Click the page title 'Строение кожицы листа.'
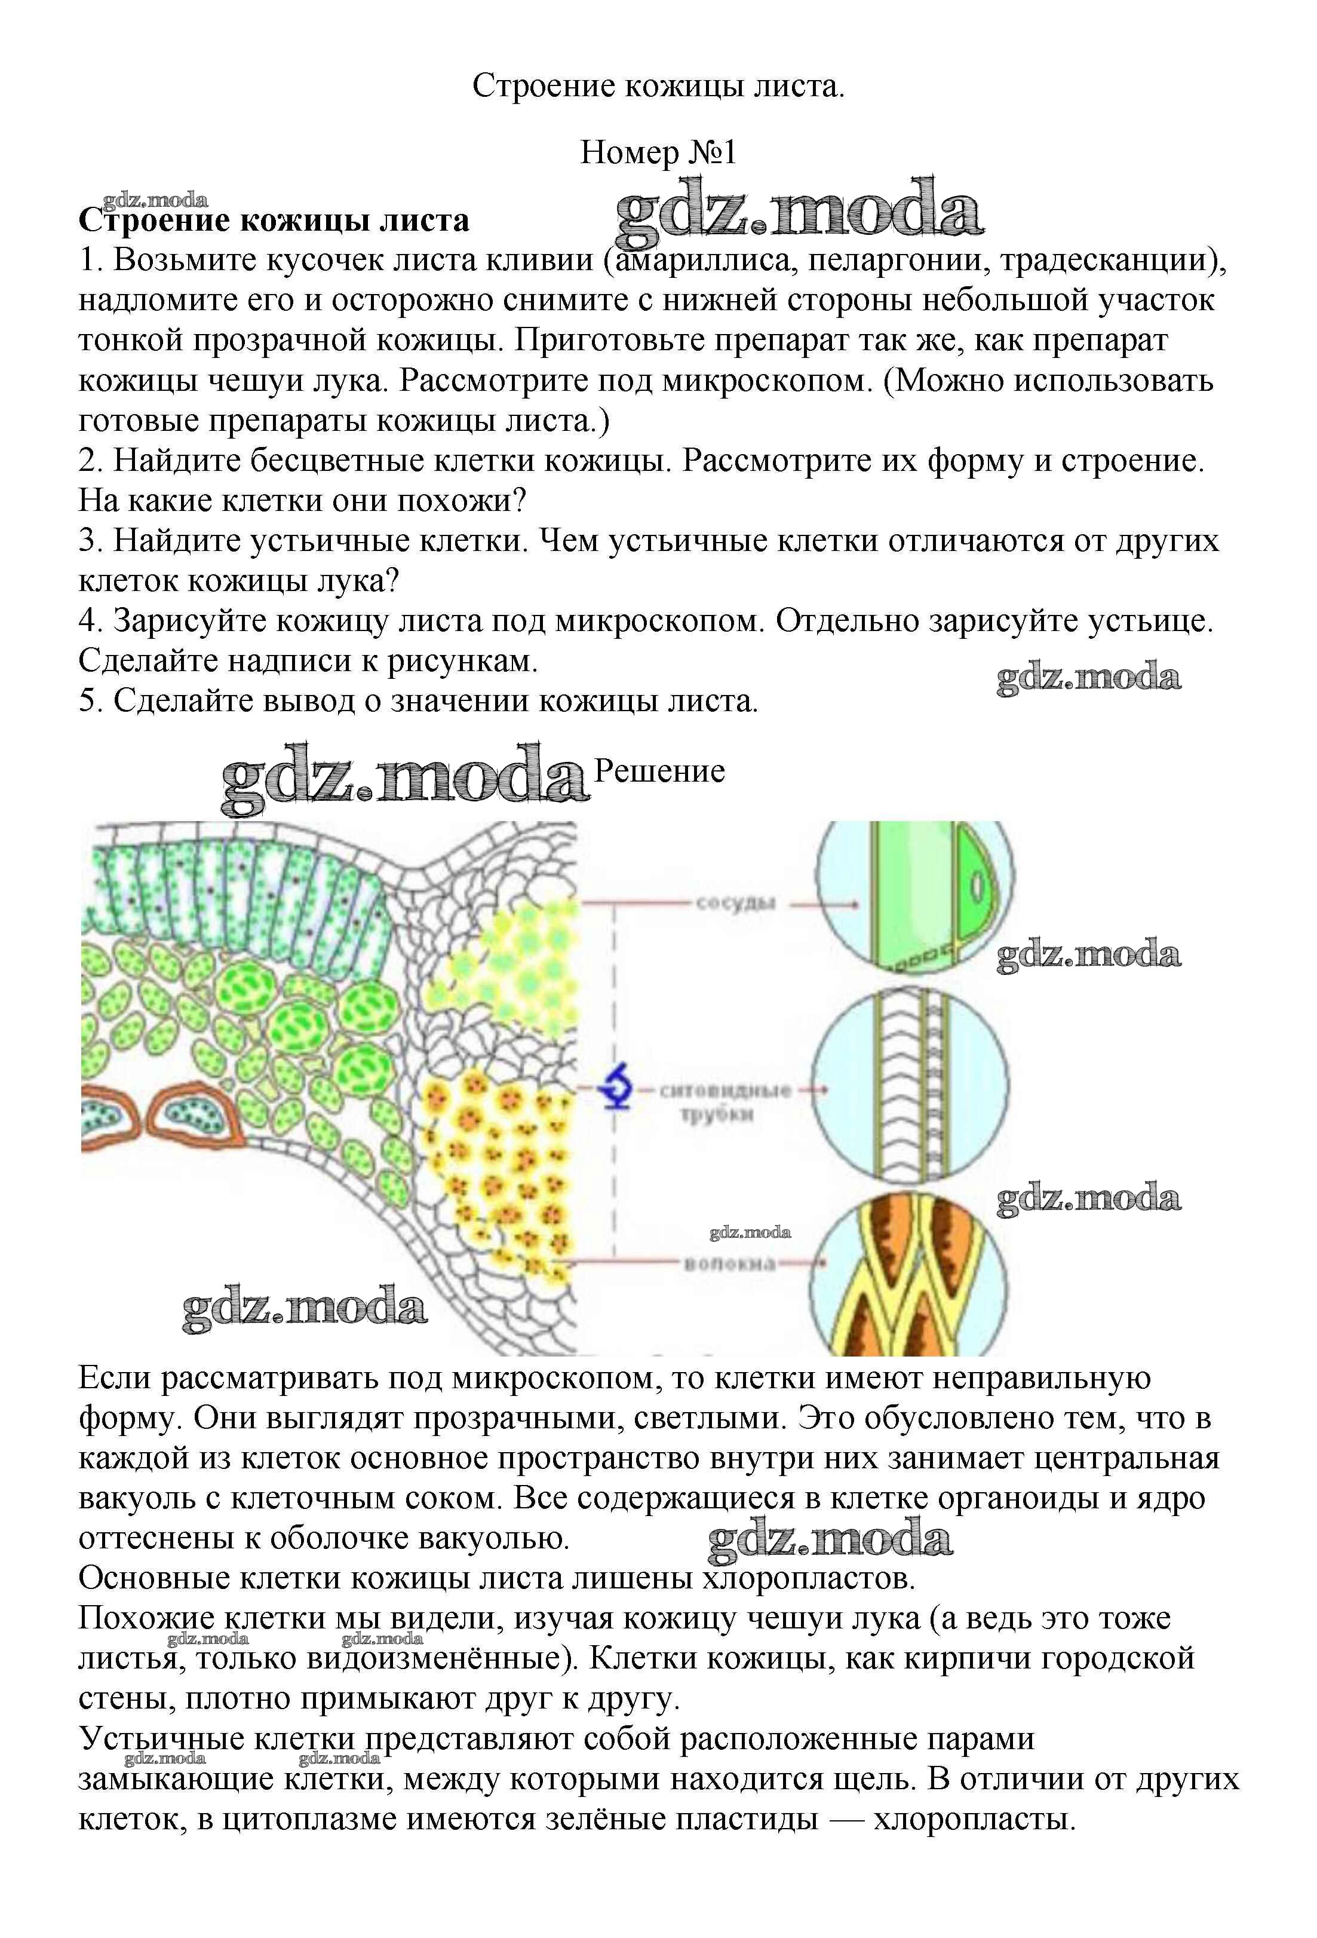point(658,86)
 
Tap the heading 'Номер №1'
point(658,152)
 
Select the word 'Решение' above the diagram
point(658,771)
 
